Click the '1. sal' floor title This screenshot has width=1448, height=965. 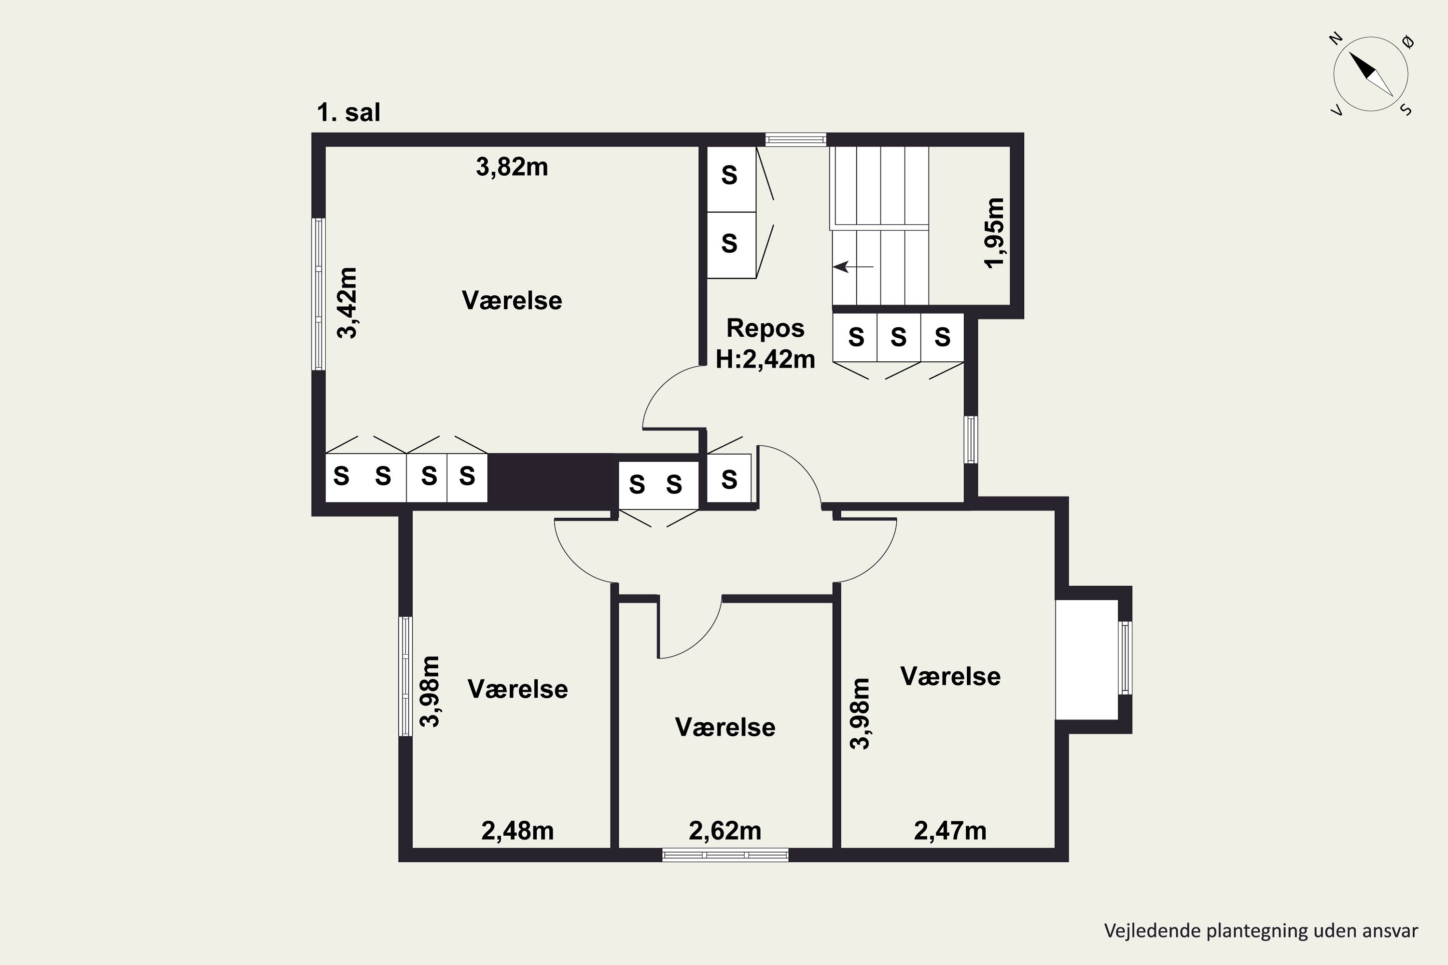click(x=348, y=112)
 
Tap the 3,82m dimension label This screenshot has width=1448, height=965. click(x=512, y=167)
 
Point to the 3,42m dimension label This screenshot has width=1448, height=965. click(x=347, y=303)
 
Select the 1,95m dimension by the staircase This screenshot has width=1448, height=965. click(x=994, y=233)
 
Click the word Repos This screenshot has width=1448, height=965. click(x=765, y=328)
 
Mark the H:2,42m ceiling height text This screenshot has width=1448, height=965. click(x=765, y=359)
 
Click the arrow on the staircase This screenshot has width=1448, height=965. click(x=853, y=266)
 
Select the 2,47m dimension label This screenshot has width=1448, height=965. click(x=950, y=831)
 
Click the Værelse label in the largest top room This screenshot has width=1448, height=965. click(x=512, y=300)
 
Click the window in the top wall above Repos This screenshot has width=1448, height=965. click(x=795, y=140)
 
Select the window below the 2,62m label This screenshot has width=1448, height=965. click(x=725, y=854)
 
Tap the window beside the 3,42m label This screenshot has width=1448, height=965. click(x=318, y=294)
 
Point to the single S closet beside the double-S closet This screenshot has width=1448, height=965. click(x=729, y=478)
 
